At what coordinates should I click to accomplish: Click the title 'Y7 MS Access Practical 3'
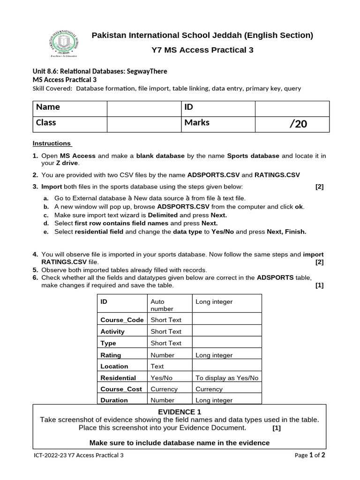pos(202,50)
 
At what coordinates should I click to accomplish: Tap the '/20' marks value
pos(299,124)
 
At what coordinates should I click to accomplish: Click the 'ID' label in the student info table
pos(189,107)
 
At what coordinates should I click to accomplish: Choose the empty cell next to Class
pos(143,124)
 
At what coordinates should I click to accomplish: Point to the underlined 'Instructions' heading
pos(52,143)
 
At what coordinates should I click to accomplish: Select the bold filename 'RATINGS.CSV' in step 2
pos(277,175)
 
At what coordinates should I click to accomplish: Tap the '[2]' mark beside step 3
pos(319,187)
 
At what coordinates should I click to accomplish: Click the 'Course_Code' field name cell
pos(121,320)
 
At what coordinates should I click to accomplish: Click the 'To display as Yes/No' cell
pos(226,378)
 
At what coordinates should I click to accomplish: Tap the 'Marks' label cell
pos(197,123)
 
